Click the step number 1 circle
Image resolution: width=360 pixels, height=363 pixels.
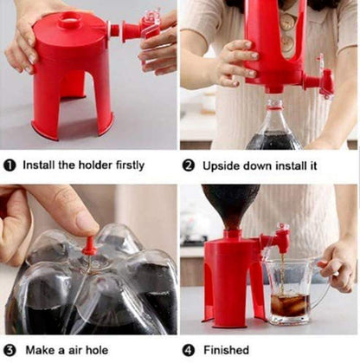coord(10,165)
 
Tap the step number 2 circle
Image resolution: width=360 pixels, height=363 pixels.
coord(189,165)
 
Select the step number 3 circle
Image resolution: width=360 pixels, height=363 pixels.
coord(10,350)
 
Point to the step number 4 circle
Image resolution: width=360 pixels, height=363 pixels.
coord(189,350)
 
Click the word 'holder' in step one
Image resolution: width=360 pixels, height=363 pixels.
coord(89,165)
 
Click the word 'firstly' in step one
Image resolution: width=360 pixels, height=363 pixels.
coord(126,165)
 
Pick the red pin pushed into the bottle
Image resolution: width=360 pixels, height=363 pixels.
coord(87,246)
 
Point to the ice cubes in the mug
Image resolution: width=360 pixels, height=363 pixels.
coord(289,305)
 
